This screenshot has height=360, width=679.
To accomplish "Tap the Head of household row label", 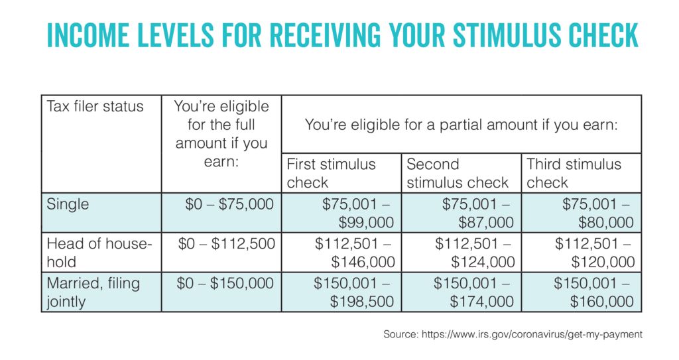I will tap(99, 252).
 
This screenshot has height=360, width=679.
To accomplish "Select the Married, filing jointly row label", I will tap(93, 292).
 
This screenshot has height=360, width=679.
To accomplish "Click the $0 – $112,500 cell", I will tap(226, 244).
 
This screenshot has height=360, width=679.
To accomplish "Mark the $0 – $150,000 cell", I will tap(226, 284).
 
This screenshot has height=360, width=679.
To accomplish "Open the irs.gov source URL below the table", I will tap(531, 335).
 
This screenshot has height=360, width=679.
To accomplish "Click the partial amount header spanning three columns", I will tap(461, 123).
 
